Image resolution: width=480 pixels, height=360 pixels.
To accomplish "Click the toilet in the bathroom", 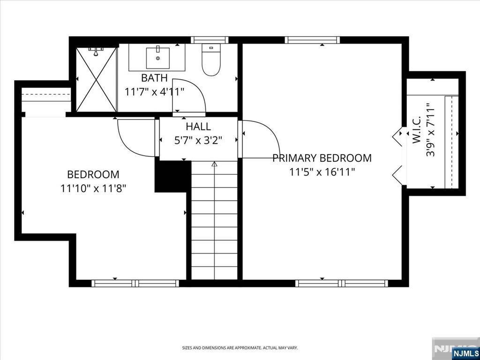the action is (211, 60).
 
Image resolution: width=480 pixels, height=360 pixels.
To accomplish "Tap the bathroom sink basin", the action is (157, 58).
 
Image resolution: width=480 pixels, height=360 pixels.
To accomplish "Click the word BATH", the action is (155, 78).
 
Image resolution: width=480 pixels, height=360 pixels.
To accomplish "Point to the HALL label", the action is (198, 127).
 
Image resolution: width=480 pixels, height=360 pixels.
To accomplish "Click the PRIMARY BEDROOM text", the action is (322, 158).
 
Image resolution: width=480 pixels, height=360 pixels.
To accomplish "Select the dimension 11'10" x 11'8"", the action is (94, 188).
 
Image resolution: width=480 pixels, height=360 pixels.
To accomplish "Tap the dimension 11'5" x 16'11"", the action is (322, 172).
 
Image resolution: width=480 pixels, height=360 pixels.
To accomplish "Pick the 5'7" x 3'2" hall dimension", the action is (198, 141).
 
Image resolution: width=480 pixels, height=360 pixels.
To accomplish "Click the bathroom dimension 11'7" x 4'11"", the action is (155, 91).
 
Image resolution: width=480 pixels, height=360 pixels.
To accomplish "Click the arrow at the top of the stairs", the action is (214, 164).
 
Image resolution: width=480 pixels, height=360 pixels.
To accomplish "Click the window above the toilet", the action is (210, 40).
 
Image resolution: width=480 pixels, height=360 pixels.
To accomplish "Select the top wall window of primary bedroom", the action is (312, 40).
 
